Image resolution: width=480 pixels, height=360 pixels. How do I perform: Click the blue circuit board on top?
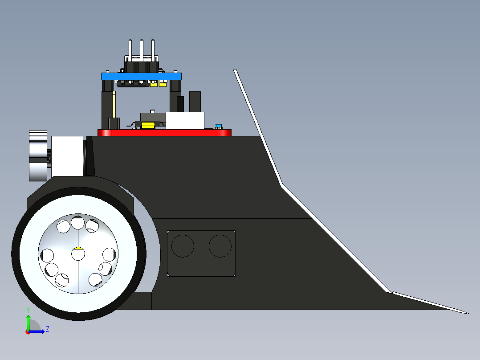(x=141, y=76)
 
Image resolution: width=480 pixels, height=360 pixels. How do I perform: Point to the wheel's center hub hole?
(x=78, y=254)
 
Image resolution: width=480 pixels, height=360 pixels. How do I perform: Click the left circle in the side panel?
(x=183, y=246)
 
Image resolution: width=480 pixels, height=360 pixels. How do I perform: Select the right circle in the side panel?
(x=220, y=246)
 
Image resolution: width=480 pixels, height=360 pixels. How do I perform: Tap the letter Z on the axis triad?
(x=47, y=329)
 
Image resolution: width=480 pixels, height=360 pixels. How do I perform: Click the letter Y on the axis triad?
(x=28, y=309)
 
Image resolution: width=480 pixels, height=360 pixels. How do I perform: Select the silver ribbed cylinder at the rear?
(x=38, y=155)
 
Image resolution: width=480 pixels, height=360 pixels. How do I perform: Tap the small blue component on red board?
(x=219, y=127)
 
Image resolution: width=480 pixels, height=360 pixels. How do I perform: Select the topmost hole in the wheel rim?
(x=78, y=222)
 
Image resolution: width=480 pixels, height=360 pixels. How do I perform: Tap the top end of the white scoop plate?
(x=235, y=70)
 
